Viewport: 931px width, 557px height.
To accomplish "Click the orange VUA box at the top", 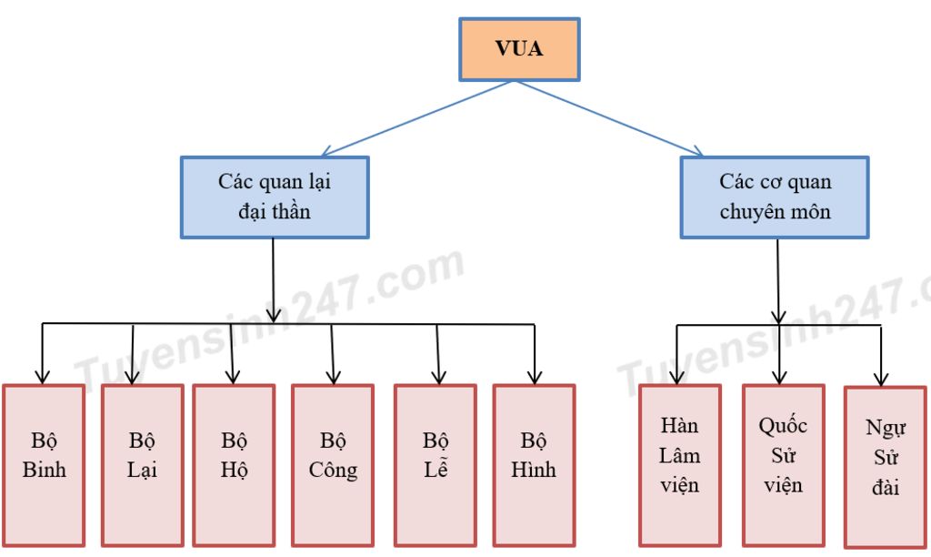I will pos(519,49).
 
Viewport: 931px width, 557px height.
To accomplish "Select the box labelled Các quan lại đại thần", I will pos(275,197).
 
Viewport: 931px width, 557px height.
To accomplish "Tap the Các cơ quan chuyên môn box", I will pos(775,197).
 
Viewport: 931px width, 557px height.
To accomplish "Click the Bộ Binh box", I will pos(44,464).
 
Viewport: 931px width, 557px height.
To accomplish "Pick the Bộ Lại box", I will pos(142,464).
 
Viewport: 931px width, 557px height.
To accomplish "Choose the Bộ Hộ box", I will pos(234,464).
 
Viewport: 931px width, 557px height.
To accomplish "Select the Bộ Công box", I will pos(333,464).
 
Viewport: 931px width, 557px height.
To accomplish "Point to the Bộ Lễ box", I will pos(435,464).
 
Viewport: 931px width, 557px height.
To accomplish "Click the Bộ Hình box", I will pos(534,464).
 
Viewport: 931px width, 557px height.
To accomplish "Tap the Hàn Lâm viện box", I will pos(680,464).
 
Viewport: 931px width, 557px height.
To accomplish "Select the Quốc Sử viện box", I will pos(783,464).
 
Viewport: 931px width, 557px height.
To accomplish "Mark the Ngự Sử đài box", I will pos(885,466).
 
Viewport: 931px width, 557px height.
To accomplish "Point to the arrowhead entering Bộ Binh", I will pos(41,375).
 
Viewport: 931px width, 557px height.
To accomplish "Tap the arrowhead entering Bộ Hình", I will pos(535,375).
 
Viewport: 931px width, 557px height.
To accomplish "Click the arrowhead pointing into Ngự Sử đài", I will pos(880,378).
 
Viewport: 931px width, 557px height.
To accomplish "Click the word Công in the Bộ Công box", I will pos(333,471).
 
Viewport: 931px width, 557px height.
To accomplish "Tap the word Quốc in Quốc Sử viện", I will pos(783,426).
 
